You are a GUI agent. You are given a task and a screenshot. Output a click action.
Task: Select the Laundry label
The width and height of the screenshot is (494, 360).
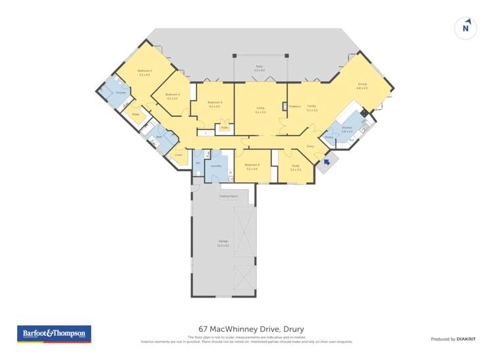coord(215,166)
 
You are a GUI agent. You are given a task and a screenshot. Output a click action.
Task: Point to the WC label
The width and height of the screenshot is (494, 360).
coord(198,163)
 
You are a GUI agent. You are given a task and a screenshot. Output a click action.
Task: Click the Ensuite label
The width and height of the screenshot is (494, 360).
coord(121,93)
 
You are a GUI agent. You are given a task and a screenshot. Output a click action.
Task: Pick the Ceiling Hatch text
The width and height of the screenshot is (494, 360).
coord(229,196)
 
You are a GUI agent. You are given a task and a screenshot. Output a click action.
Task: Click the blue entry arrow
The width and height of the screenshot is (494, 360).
coord(325,161)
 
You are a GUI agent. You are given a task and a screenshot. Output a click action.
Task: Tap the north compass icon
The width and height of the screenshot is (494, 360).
coord(466,28)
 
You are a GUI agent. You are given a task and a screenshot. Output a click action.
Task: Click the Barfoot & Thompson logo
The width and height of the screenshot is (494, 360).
coord(54,334)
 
